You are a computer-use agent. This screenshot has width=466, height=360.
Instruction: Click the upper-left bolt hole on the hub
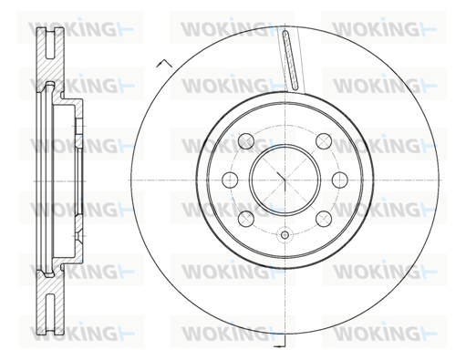pos(246,141)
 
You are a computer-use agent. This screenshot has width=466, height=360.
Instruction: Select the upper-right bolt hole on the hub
pos(324,141)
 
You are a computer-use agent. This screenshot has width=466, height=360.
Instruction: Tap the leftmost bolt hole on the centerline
pos(230,180)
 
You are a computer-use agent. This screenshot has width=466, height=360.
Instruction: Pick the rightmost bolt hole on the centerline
pos(340,180)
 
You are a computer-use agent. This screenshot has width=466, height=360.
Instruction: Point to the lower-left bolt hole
pos(246,219)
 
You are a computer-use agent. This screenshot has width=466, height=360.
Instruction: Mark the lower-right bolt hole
pos(324,219)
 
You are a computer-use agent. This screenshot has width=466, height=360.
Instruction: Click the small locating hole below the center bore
pos(285,234)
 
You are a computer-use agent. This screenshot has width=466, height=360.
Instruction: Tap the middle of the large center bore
pos(285,180)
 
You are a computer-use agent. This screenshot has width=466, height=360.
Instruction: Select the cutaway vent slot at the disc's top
pos(290,60)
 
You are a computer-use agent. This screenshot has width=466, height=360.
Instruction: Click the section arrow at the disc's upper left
pos(164,63)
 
